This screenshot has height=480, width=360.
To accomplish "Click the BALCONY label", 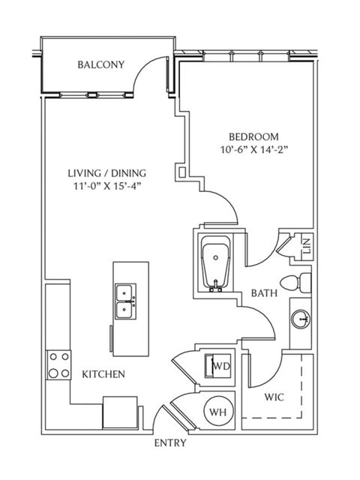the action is coord(101,65).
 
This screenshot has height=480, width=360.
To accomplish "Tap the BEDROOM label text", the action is coord(253,136).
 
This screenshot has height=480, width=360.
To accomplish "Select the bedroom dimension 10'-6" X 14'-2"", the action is coord(253,150).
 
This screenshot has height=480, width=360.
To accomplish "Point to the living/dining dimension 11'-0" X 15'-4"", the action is coord(106,186).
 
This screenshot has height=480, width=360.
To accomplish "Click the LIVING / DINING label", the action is coord(106,173).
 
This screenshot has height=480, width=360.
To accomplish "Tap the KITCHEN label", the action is coord(103,374).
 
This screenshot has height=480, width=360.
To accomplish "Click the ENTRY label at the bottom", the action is coord(170,443).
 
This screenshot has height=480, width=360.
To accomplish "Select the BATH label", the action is coord(264,293).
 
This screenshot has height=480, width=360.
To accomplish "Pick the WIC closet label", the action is coord(274,397).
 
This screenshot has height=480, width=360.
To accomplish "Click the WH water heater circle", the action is coord(218,412).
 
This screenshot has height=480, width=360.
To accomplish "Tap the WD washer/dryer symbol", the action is coord(217,366).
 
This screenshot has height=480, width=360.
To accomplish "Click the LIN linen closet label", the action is coord(307,246).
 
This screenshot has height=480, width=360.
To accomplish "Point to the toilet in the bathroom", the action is coord(295,283).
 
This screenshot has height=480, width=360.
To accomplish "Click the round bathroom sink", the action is coord(301,319).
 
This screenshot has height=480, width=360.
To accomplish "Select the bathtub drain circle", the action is coord(217,258).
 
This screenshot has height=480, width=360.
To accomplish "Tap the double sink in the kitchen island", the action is coord(125,301).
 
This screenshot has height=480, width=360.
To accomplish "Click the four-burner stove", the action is coord(58,365).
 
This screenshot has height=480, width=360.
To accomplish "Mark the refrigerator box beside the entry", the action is coord(120,412).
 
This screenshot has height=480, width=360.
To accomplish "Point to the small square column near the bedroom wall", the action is coord(181,172).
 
